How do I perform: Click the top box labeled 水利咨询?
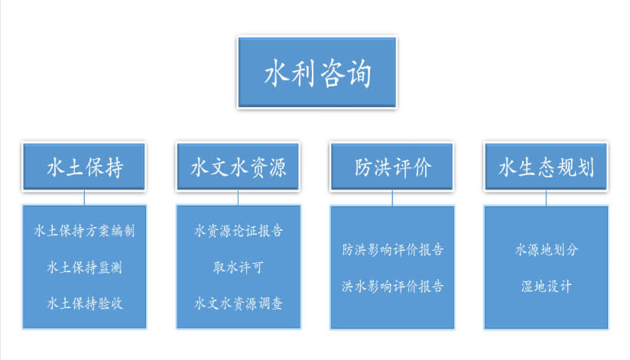coord(317,73)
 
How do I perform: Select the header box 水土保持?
coord(84,167)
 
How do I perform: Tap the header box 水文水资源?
coord(238,167)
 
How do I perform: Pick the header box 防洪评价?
coord(392,167)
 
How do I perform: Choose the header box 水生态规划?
coord(546,167)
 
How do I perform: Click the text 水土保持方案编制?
coord(84,231)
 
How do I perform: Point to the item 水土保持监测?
coord(84,268)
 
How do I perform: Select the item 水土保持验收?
coord(84,303)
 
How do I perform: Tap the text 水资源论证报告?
coord(239,231)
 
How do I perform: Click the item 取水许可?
coord(239,268)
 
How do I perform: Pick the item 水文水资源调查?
coord(239,303)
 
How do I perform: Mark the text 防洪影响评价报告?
coord(392,249)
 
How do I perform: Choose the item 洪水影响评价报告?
coord(392,286)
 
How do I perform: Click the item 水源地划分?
coord(547,249)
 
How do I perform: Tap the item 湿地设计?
coord(547,286)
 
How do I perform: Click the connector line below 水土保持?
coord(84,198)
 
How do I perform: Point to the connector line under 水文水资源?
coord(239,198)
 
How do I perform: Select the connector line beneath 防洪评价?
coord(392,198)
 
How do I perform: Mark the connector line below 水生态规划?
coord(546,198)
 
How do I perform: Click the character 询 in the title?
coord(359,73)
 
